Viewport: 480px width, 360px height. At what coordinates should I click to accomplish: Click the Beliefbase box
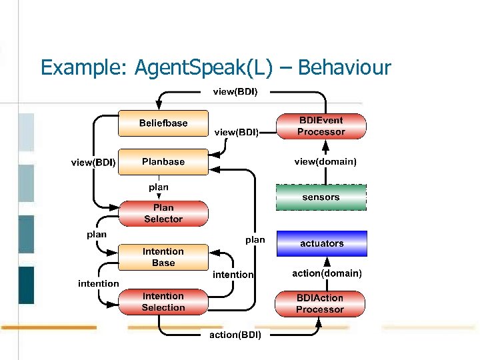coord(163,123)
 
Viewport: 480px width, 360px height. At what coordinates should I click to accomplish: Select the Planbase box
coord(163,162)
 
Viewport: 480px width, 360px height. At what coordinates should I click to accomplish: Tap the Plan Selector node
coord(163,213)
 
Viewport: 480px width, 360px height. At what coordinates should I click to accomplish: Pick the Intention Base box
coord(163,257)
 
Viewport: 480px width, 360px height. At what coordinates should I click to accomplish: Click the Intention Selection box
coord(163,302)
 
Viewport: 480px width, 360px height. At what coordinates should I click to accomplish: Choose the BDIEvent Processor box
coord(321,126)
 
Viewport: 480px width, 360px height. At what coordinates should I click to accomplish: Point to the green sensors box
coord(321,197)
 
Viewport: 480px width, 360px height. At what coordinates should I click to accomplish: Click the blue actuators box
coord(321,243)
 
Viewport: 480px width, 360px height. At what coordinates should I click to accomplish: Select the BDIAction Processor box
coord(320,304)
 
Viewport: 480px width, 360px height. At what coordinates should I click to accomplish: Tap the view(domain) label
coord(325,161)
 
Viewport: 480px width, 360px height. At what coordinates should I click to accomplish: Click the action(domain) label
coord(327,273)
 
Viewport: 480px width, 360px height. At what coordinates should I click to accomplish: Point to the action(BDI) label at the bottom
coord(235,335)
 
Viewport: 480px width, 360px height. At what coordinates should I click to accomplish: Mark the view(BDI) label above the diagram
coord(235,91)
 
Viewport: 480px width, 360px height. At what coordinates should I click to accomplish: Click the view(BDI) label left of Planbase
coord(93,162)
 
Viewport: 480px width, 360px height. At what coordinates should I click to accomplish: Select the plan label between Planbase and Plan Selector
coord(159,187)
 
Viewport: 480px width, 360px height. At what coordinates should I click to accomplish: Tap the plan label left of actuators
coord(255,239)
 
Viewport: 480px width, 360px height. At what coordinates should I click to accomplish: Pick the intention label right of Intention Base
coord(233,275)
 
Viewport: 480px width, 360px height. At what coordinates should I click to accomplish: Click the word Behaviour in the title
coord(345,68)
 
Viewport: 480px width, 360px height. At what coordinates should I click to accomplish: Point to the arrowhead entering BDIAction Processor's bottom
coord(319,322)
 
